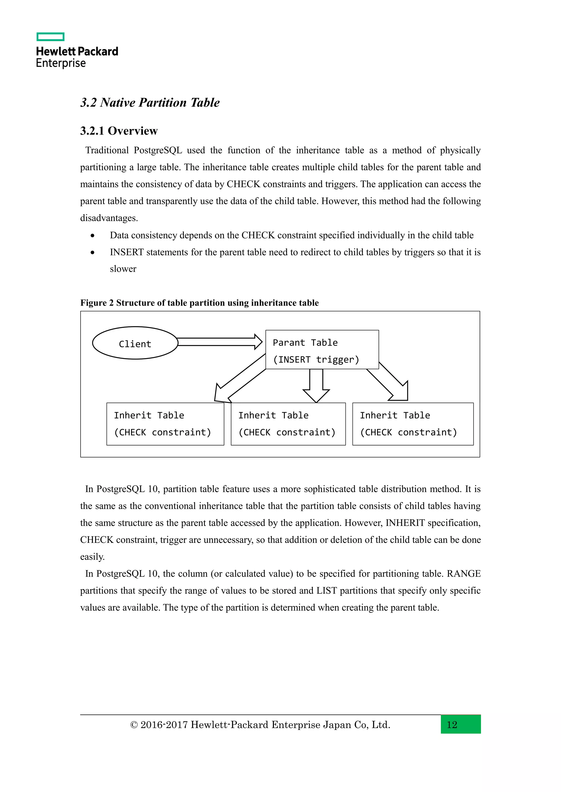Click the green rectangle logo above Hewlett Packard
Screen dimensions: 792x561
(50, 37)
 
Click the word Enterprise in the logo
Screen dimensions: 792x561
(61, 63)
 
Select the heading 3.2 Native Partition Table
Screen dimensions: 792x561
(150, 103)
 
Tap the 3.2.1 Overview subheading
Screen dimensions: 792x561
(119, 131)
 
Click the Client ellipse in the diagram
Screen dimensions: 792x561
(135, 343)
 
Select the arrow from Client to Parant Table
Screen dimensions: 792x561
(220, 342)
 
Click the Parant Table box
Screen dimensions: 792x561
(322, 350)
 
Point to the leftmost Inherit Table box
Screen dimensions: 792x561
(165, 424)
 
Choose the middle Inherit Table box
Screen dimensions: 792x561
(288, 424)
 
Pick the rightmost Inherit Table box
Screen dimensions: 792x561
(413, 424)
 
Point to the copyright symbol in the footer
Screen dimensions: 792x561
(134, 725)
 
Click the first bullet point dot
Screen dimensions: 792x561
(92, 235)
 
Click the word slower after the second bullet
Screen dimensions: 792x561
(123, 269)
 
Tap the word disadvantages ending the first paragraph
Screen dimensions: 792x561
(108, 218)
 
